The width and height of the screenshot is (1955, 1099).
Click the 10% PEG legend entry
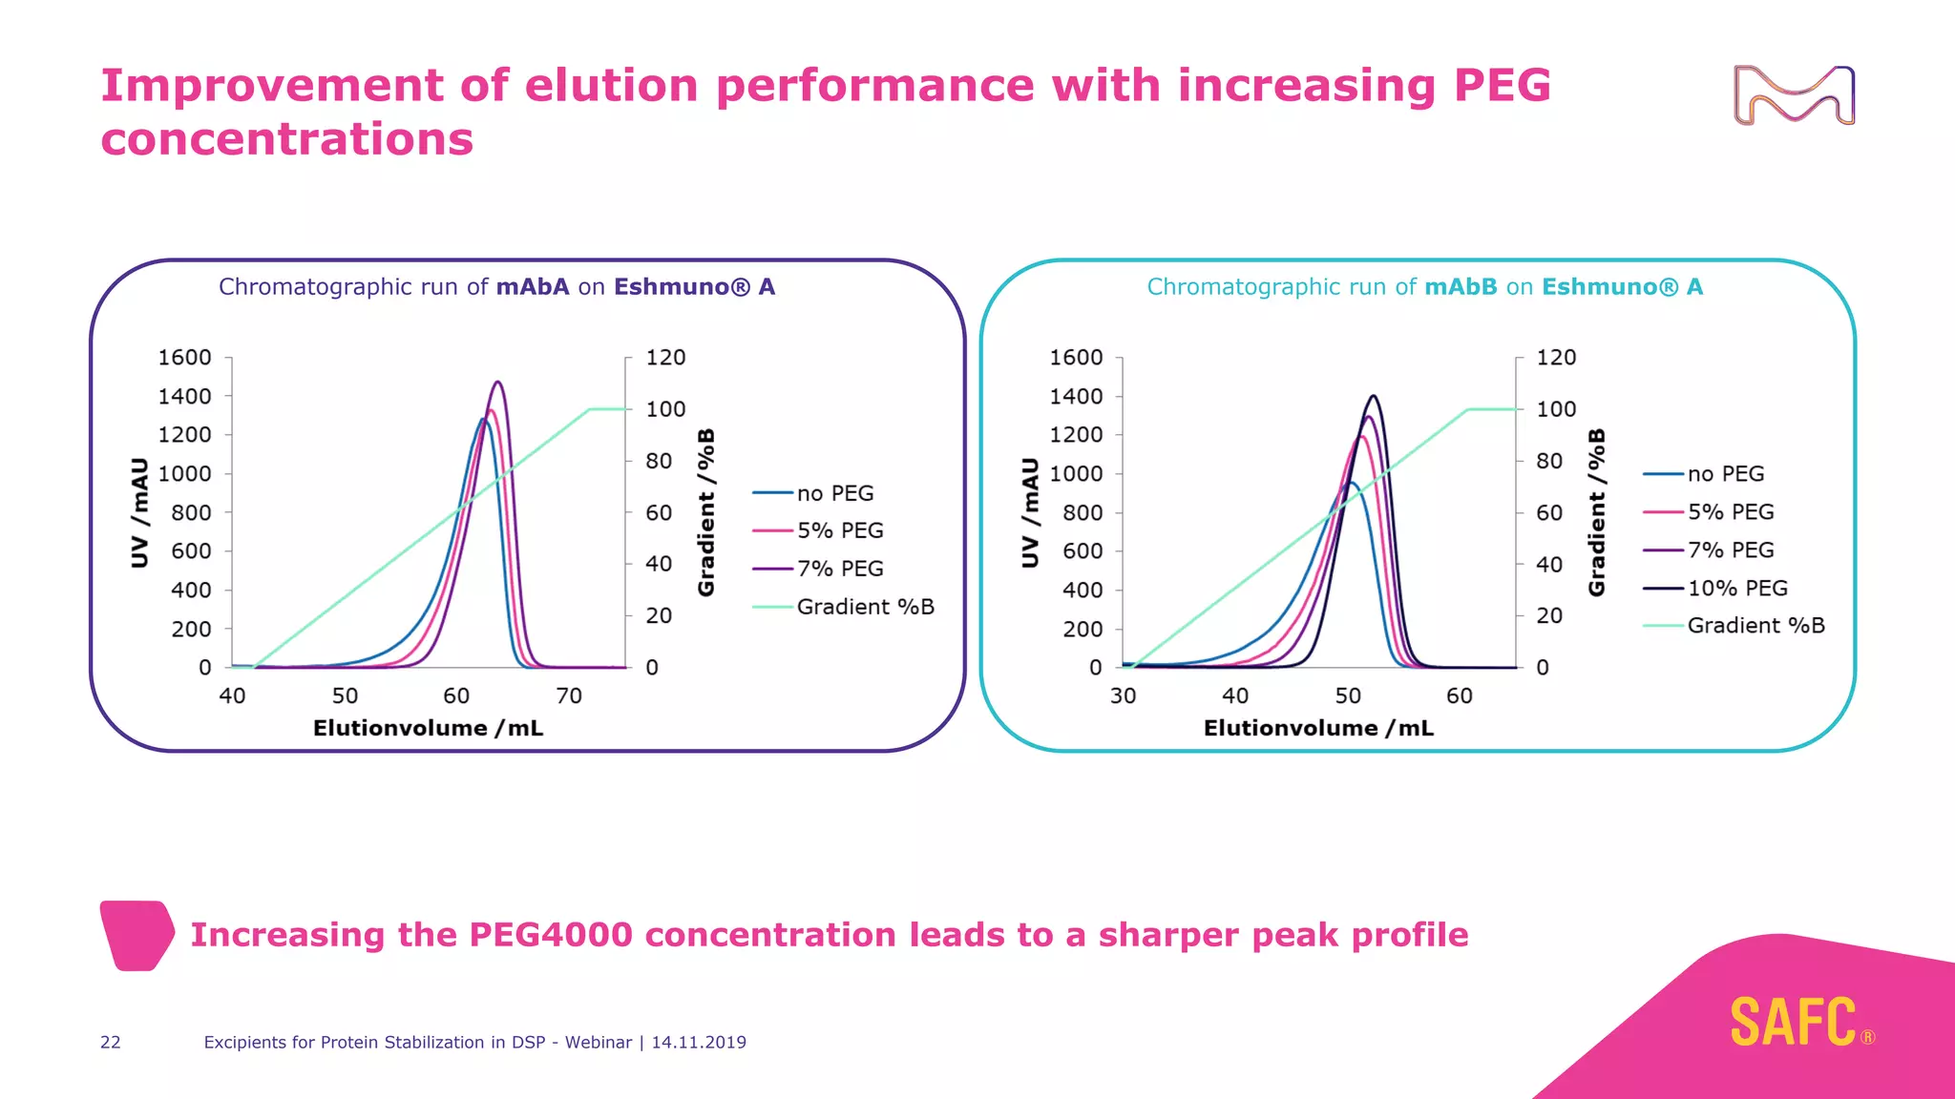click(x=1736, y=588)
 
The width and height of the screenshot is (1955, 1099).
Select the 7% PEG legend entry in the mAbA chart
click(x=839, y=569)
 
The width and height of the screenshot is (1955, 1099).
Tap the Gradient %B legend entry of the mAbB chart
click(x=1755, y=626)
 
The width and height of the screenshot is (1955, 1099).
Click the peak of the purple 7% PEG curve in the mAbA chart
click(x=497, y=383)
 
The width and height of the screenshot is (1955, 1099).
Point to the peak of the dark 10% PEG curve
click(x=1373, y=396)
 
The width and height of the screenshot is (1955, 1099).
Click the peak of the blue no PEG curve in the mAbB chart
click(x=1349, y=483)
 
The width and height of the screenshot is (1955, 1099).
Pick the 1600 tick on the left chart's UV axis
click(x=184, y=358)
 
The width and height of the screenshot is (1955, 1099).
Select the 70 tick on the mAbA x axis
click(x=569, y=696)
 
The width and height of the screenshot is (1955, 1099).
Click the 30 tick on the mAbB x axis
click(x=1123, y=696)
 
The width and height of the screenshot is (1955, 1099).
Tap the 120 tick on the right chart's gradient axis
click(x=1556, y=358)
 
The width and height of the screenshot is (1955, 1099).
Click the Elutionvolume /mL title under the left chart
click(x=428, y=729)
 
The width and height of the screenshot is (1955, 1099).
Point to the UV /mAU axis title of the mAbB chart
click(x=1030, y=512)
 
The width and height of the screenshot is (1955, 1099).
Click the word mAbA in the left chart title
click(x=532, y=287)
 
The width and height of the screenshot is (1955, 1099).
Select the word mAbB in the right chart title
click(x=1461, y=287)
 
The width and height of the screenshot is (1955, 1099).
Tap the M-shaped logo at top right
click(x=1794, y=95)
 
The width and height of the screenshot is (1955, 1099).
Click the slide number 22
click(x=111, y=1043)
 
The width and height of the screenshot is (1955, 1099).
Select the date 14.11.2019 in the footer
click(x=699, y=1043)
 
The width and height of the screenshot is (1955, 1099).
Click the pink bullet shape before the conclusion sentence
click(x=137, y=935)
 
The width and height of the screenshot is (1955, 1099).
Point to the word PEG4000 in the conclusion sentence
click(x=551, y=935)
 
